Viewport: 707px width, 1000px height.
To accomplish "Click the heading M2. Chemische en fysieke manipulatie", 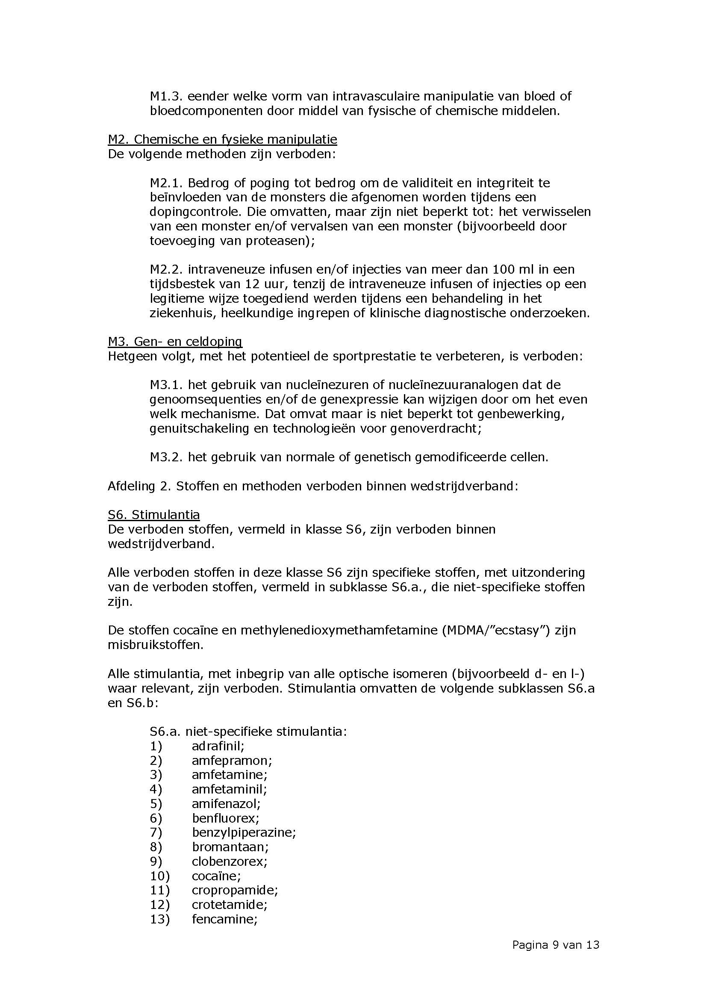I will point(222,139).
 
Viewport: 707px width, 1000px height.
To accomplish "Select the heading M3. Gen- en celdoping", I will point(174,342).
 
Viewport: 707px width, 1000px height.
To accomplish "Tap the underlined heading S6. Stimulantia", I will point(154,515).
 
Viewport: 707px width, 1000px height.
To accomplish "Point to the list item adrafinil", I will point(218,746).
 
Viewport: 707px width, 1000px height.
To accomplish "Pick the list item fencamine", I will point(225,919).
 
